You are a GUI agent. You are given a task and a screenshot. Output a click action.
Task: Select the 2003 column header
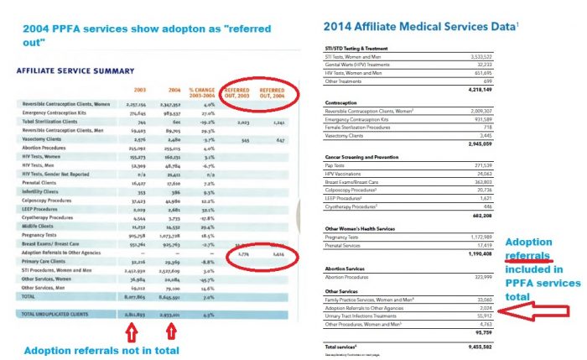tap(139, 90)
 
